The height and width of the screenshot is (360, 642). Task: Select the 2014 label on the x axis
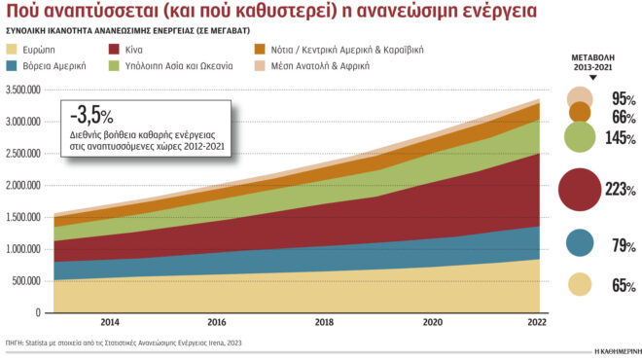click(110, 321)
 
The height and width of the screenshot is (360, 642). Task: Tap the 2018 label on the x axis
click(324, 321)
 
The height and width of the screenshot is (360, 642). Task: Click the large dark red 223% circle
click(580, 189)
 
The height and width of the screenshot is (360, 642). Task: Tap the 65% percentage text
click(624, 285)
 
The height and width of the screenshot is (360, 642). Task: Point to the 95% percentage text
click(624, 99)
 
